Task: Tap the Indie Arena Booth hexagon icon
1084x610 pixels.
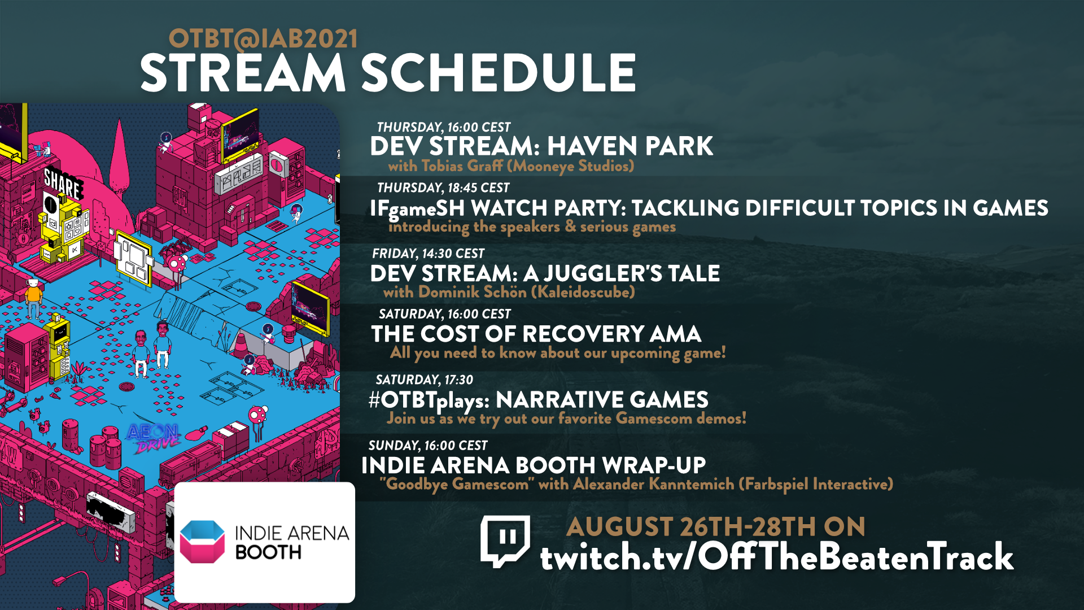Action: [x=202, y=542]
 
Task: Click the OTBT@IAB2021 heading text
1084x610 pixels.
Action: [x=263, y=39]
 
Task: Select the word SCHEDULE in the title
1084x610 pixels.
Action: [x=499, y=73]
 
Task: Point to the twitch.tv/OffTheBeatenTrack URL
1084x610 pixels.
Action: [x=777, y=557]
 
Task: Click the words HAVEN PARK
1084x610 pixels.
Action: [x=630, y=146]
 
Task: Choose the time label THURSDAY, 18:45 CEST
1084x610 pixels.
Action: [x=443, y=188]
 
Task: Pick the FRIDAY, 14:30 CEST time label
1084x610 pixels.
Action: [x=428, y=254]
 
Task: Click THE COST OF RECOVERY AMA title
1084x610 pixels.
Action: [x=536, y=334]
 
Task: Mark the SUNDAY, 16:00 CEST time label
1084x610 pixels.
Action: [x=428, y=446]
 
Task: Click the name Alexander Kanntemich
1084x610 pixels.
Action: [x=654, y=484]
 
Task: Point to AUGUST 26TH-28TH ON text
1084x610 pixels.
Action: [x=716, y=527]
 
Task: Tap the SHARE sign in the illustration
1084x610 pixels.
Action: [x=63, y=183]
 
